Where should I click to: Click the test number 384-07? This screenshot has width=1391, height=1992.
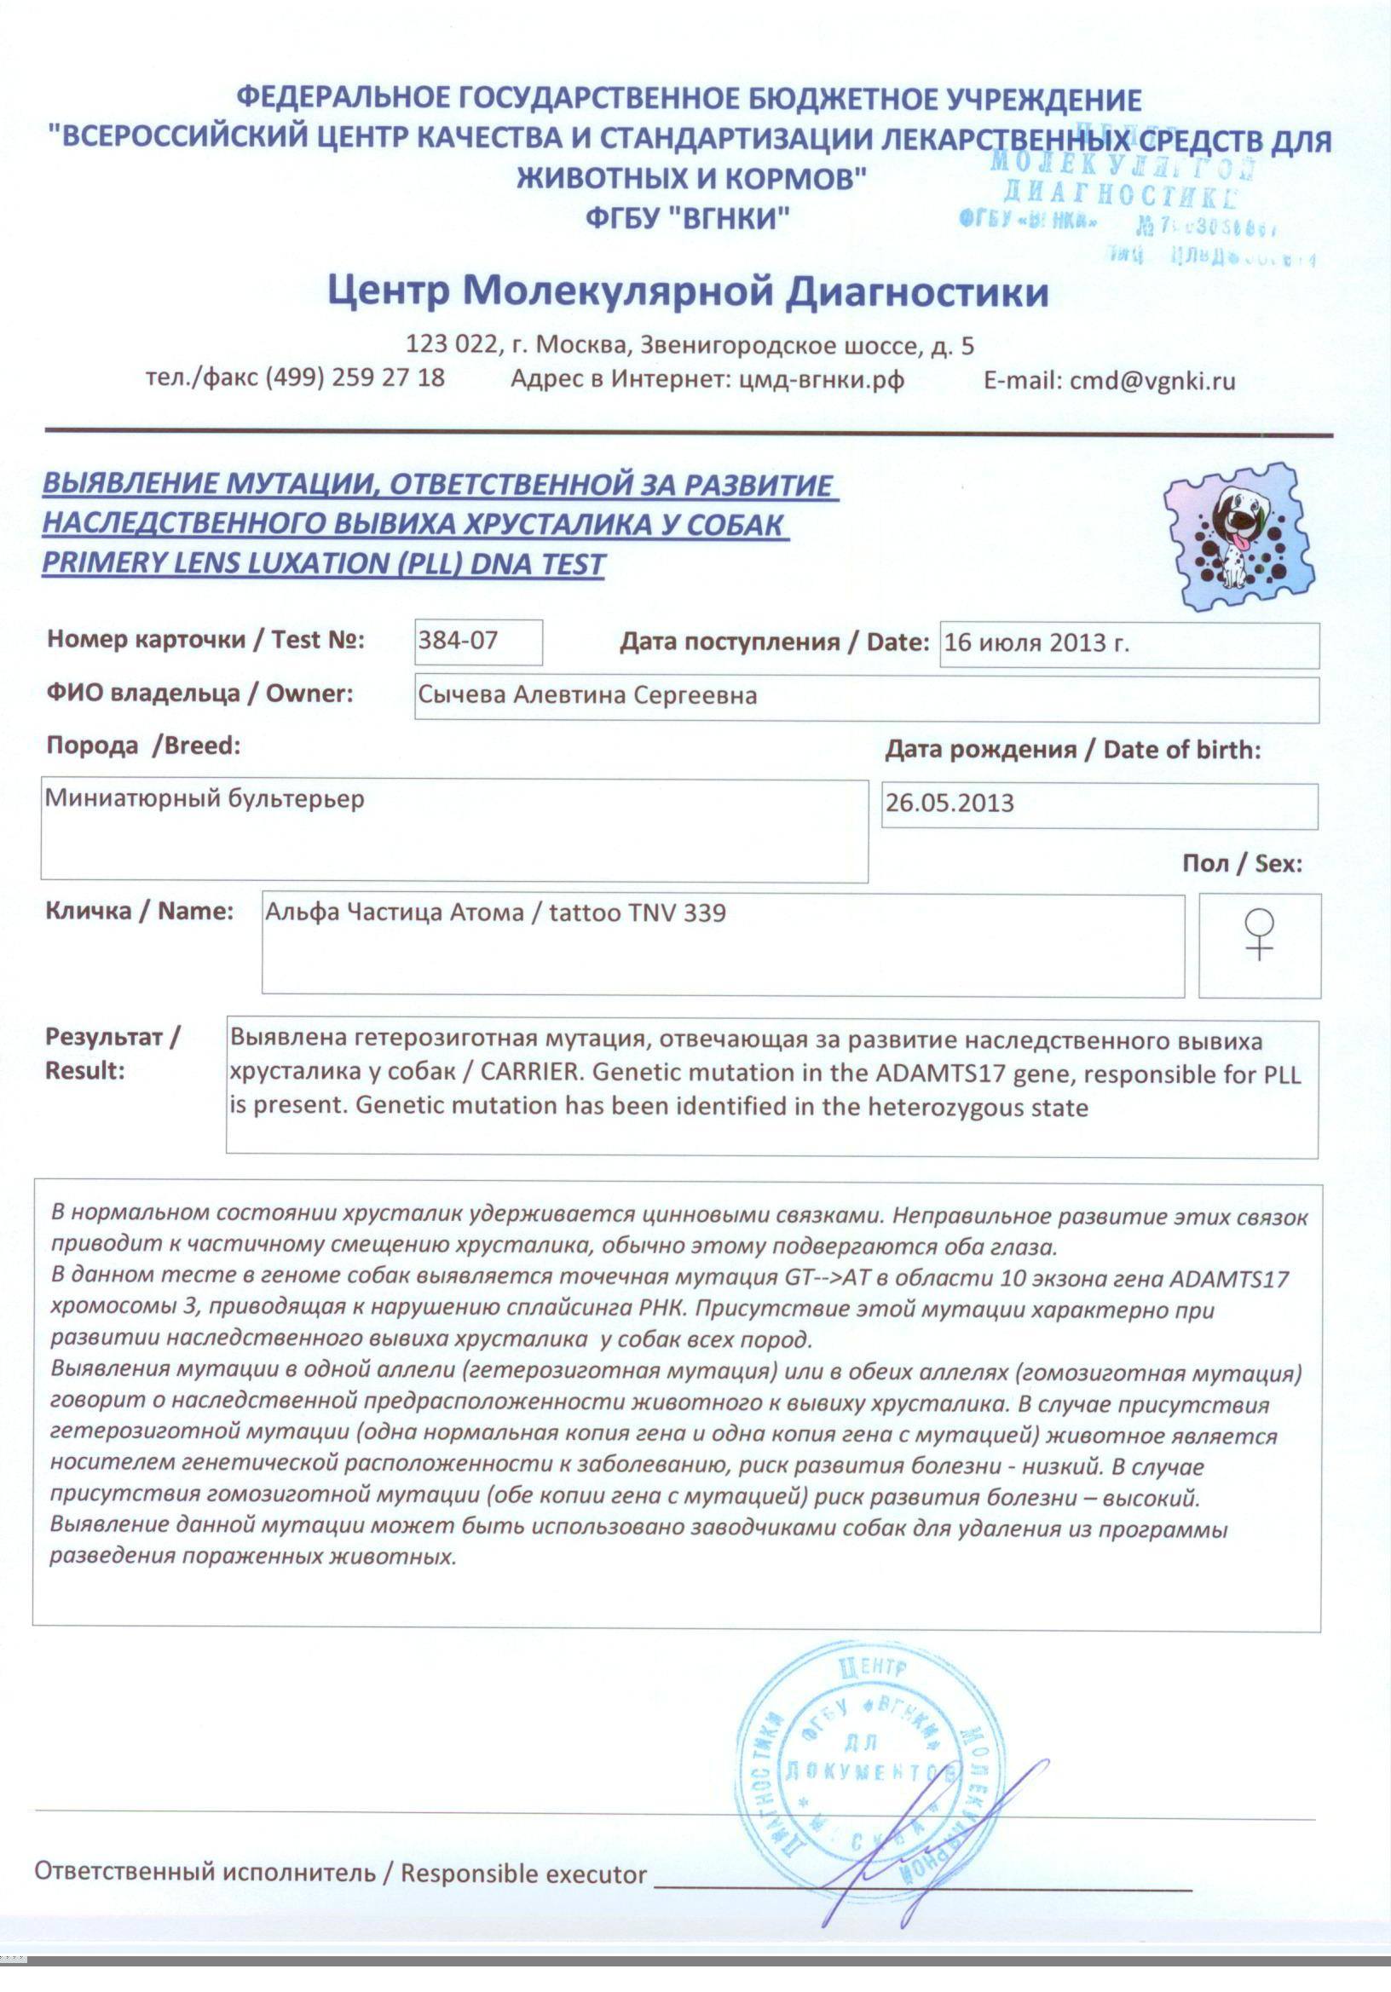pyautogui.click(x=459, y=642)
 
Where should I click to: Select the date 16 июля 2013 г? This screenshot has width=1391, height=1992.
pyautogui.click(x=1036, y=643)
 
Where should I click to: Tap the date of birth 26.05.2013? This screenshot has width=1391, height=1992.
pyautogui.click(x=949, y=803)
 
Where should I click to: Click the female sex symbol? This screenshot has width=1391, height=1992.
pyautogui.click(x=1259, y=934)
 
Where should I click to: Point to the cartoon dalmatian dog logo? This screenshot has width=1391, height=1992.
pyautogui.click(x=1238, y=535)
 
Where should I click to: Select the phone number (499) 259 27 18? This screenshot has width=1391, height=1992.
pyautogui.click(x=355, y=378)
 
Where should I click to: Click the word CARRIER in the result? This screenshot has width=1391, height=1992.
pyautogui.click(x=529, y=1073)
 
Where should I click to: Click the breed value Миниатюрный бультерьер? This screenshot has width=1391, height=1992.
pyautogui.click(x=205, y=798)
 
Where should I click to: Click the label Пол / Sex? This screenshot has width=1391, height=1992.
pyautogui.click(x=1242, y=863)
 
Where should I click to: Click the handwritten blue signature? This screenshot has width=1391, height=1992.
pyautogui.click(x=938, y=1839)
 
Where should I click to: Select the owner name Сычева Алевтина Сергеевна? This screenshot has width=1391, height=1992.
pyautogui.click(x=587, y=696)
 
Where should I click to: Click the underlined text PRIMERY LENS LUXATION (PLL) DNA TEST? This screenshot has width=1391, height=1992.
pyautogui.click(x=323, y=564)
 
